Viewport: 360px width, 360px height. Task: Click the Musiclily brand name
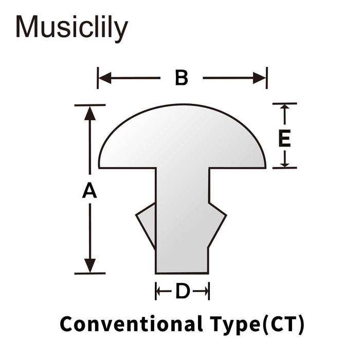(x=71, y=28)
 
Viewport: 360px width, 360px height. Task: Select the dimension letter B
(x=182, y=78)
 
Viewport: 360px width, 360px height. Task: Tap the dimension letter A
(x=89, y=190)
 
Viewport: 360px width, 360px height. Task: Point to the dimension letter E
(x=284, y=138)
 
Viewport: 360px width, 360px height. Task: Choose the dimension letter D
(x=183, y=291)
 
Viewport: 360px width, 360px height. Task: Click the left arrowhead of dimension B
(x=105, y=78)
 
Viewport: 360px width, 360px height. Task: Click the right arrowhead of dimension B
(x=259, y=78)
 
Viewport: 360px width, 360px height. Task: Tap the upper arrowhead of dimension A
(x=90, y=113)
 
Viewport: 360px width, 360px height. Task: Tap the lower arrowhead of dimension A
(x=90, y=266)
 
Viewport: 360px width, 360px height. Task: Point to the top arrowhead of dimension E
(x=285, y=106)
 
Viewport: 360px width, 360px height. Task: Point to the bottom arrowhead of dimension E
(x=285, y=165)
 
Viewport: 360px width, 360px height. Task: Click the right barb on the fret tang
(x=218, y=225)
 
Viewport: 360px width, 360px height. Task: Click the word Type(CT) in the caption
(x=257, y=325)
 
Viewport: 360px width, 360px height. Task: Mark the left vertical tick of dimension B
(x=98, y=78)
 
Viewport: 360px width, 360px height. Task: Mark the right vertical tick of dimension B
(x=267, y=78)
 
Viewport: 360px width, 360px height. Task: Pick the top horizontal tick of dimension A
(x=90, y=105)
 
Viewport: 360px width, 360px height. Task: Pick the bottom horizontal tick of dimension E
(x=285, y=168)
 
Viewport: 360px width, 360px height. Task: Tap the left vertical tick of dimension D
(x=156, y=291)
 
